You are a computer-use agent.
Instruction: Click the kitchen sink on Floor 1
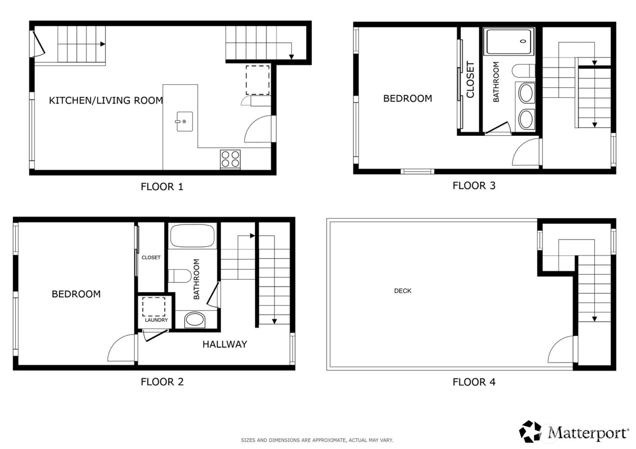click(184, 121)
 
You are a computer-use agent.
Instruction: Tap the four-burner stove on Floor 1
click(230, 159)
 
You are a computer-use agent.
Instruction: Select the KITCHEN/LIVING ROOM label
click(106, 100)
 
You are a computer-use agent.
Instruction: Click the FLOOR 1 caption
click(162, 187)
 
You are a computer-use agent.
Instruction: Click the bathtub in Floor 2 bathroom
click(192, 236)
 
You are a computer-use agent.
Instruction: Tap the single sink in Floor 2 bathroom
click(195, 320)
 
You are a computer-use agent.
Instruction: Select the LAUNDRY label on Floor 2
click(156, 320)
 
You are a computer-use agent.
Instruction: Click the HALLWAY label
click(224, 345)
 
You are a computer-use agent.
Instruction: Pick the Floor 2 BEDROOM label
click(76, 294)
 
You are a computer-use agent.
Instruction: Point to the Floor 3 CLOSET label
click(470, 80)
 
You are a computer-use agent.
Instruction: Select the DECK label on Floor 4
click(402, 291)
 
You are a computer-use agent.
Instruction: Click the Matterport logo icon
click(531, 431)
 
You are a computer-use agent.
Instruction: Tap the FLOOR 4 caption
click(474, 382)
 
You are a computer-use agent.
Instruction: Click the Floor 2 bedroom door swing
click(121, 348)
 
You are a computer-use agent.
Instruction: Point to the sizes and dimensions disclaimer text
click(317, 440)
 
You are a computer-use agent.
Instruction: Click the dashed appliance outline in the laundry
click(154, 306)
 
